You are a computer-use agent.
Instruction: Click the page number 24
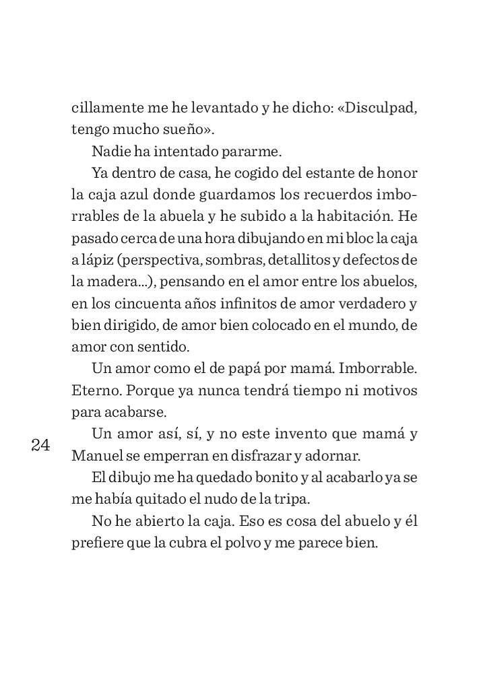[x=40, y=445]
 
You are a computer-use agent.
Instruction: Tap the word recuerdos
[x=327, y=195]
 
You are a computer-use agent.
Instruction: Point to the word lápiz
[x=100, y=261]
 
